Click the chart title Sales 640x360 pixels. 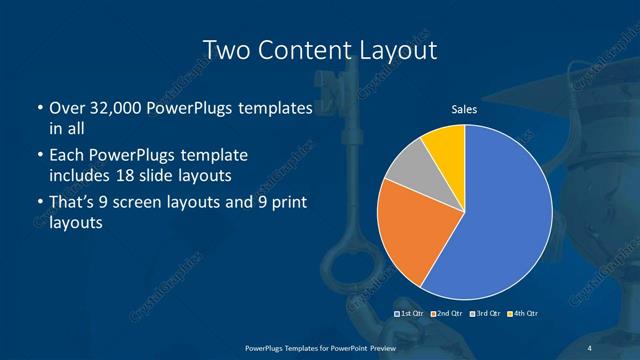(x=464, y=109)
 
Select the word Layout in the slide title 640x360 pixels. (x=396, y=49)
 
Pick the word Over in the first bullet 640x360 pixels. (x=67, y=108)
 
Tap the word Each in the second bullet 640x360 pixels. (x=67, y=156)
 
